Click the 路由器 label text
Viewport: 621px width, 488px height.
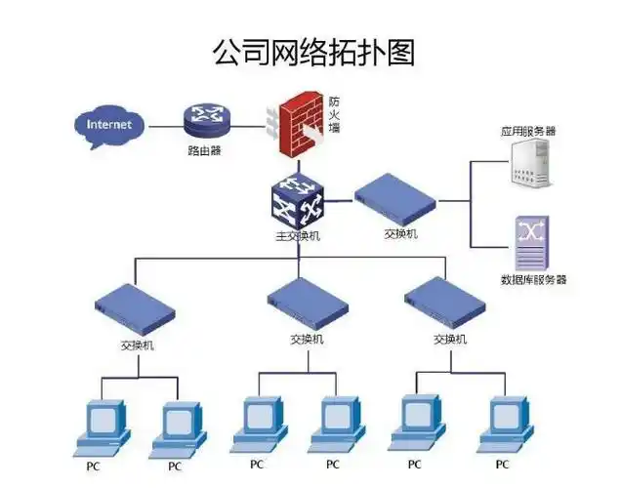pos(205,152)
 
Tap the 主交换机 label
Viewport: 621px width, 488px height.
pos(297,237)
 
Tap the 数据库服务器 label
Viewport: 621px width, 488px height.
pos(533,279)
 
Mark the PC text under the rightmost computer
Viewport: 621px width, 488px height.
pos(504,464)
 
